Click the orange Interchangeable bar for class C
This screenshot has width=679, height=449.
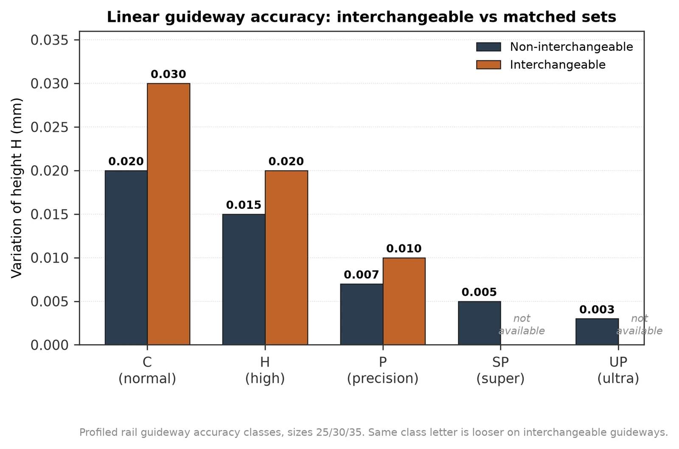(168, 214)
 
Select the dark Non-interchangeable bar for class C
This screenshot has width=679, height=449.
(126, 258)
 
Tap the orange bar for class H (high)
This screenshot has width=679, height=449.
(286, 258)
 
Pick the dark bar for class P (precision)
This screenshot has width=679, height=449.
(362, 314)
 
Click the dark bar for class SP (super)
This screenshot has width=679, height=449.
(479, 323)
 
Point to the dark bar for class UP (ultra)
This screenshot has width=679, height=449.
(597, 332)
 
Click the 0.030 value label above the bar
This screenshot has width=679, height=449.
(168, 74)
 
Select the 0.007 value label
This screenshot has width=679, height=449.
(361, 275)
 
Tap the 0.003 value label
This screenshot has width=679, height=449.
(597, 309)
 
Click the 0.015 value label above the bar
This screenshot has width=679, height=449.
(244, 205)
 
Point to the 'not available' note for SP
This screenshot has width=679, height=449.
(522, 325)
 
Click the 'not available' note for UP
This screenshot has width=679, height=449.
(639, 325)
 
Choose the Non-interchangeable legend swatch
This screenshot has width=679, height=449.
(488, 47)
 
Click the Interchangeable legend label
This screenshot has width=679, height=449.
(558, 65)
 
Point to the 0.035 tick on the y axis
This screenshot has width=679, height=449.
(49, 40)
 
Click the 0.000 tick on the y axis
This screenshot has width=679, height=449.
(49, 345)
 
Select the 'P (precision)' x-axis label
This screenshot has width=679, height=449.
(383, 370)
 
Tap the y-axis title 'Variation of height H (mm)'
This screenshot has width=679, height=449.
(17, 188)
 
